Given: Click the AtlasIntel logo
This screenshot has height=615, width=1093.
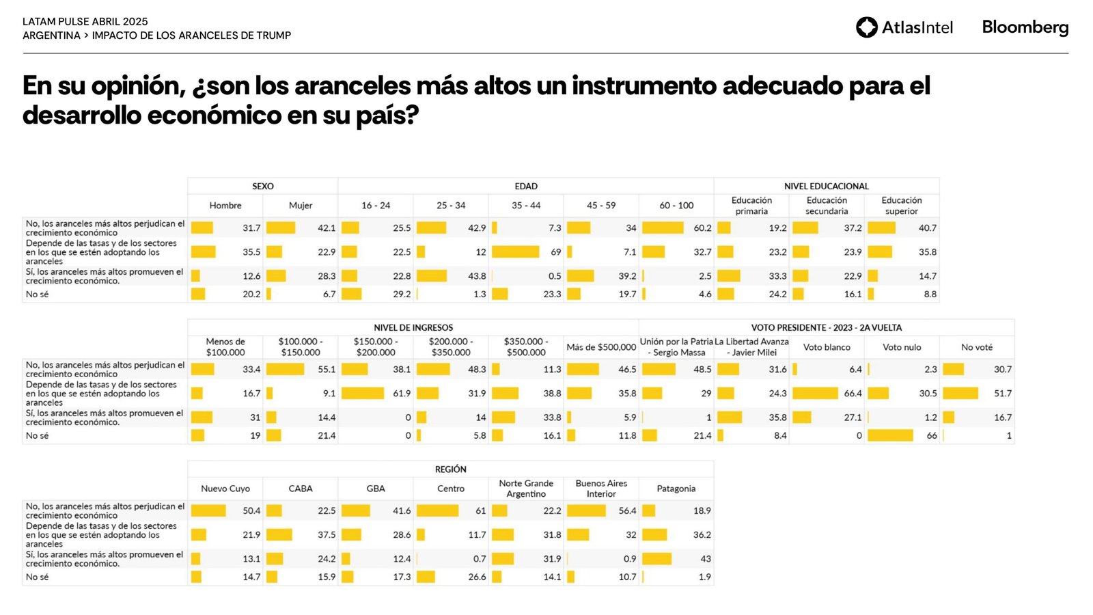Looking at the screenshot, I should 904,27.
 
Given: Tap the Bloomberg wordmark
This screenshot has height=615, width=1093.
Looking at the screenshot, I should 1025,27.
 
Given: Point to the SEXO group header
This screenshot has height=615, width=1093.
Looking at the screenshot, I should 262,186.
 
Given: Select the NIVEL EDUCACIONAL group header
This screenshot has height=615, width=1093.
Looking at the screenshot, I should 826,186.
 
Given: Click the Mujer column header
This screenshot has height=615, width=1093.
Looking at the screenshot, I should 301,206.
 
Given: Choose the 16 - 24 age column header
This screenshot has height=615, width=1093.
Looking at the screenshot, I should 376,206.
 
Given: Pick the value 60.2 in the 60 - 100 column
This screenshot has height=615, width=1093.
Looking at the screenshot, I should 702,228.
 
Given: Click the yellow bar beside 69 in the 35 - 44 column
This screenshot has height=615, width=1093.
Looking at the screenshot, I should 515,252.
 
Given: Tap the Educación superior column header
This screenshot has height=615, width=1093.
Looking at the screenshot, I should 901,206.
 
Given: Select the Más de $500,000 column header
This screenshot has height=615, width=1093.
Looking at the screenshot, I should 601,347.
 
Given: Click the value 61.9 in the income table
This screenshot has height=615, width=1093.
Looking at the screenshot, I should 402,394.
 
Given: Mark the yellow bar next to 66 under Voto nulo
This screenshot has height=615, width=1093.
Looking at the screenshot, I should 890,436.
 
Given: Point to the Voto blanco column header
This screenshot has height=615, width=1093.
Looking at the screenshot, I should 827,347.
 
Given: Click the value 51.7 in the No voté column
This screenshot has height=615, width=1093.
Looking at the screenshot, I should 1003,394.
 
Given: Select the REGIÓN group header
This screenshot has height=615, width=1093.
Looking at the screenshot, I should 450,469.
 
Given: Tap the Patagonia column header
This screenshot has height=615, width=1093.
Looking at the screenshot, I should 676,489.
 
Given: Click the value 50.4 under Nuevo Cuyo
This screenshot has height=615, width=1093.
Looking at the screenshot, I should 251,511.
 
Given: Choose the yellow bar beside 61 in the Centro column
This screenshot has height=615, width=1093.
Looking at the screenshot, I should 437,511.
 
